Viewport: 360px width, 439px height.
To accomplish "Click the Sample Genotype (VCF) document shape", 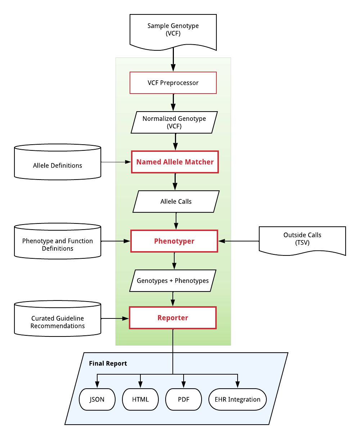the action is [x=173, y=31].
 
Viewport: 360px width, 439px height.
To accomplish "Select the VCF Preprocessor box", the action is [x=173, y=83].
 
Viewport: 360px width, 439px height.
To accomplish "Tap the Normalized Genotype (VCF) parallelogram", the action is [x=174, y=122].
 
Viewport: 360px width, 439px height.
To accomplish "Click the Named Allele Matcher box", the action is [x=175, y=162].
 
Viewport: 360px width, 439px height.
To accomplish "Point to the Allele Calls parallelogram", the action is [x=176, y=201].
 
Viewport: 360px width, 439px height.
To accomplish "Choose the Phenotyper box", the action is [x=174, y=241].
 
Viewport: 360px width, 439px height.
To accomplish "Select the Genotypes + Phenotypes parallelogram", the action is [x=172, y=280].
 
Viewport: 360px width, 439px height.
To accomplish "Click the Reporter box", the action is [x=172, y=318].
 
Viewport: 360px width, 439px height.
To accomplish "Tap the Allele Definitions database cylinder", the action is [x=58, y=162].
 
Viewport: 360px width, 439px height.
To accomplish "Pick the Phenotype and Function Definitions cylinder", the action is [x=58, y=241].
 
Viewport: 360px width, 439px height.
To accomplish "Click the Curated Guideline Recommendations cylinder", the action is [x=58, y=318].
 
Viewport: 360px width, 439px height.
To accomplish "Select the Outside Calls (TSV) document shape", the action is [x=302, y=240].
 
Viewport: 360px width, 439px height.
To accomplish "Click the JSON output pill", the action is [x=97, y=399].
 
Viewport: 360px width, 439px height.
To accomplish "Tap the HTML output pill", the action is [x=140, y=399].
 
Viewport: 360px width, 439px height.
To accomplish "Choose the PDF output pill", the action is [x=184, y=399].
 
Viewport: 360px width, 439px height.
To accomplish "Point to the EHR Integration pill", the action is [x=237, y=399].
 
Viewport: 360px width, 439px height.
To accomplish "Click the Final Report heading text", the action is [x=108, y=363].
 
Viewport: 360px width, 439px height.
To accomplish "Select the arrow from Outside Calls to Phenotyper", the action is [x=239, y=241].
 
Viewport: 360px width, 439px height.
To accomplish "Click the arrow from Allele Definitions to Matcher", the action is [x=116, y=162].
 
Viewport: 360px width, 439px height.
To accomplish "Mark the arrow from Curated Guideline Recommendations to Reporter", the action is [x=115, y=318].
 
